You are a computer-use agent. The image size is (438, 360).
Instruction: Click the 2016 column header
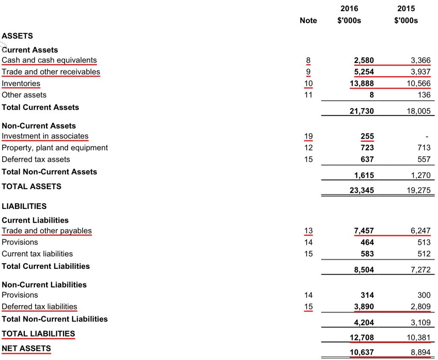coord(349,9)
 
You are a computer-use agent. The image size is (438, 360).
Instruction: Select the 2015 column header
coord(406,9)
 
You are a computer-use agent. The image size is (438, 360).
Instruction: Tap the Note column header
coord(308,21)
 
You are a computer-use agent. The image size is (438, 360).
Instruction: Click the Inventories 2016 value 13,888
coord(362,83)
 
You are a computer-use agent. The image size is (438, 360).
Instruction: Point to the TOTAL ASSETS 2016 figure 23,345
coord(362,191)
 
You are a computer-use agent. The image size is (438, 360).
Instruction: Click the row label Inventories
coord(21,83)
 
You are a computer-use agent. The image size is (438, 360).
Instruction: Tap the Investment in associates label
coord(45,136)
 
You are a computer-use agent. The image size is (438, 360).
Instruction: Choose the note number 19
coord(308,136)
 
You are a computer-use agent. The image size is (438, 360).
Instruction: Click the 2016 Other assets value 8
coord(372,95)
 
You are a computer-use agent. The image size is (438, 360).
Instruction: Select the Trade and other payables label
coord(47,231)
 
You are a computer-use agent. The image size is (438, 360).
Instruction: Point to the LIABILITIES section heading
coord(24,206)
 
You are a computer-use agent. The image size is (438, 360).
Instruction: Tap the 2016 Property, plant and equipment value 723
coord(367,148)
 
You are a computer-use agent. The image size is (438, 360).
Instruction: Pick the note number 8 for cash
coord(308,60)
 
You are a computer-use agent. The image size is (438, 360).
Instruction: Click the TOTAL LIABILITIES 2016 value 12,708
coord(362,337)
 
